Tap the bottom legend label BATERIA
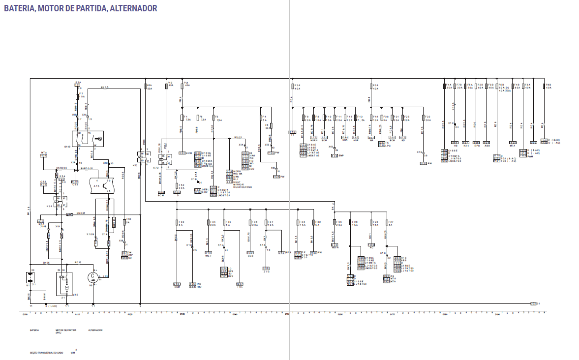coord(34,330)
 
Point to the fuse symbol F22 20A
coord(424,118)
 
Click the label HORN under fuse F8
coord(313,140)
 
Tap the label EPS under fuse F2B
coord(476,146)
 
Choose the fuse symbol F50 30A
coord(177,186)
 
